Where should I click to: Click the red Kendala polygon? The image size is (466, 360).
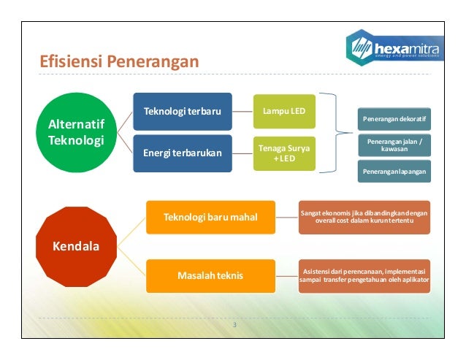tap(76, 245)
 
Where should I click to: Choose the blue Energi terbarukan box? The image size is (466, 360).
tap(183, 152)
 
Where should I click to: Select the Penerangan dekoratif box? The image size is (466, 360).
tap(394, 118)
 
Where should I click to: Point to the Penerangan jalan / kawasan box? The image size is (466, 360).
tap(394, 144)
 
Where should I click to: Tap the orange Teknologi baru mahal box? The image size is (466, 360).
tap(210, 217)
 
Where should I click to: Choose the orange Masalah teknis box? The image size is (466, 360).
tap(210, 275)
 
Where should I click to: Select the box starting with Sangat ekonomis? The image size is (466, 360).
tap(364, 216)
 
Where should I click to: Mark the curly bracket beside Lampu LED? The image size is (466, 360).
tap(338, 131)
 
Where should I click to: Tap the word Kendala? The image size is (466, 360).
tap(76, 245)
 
